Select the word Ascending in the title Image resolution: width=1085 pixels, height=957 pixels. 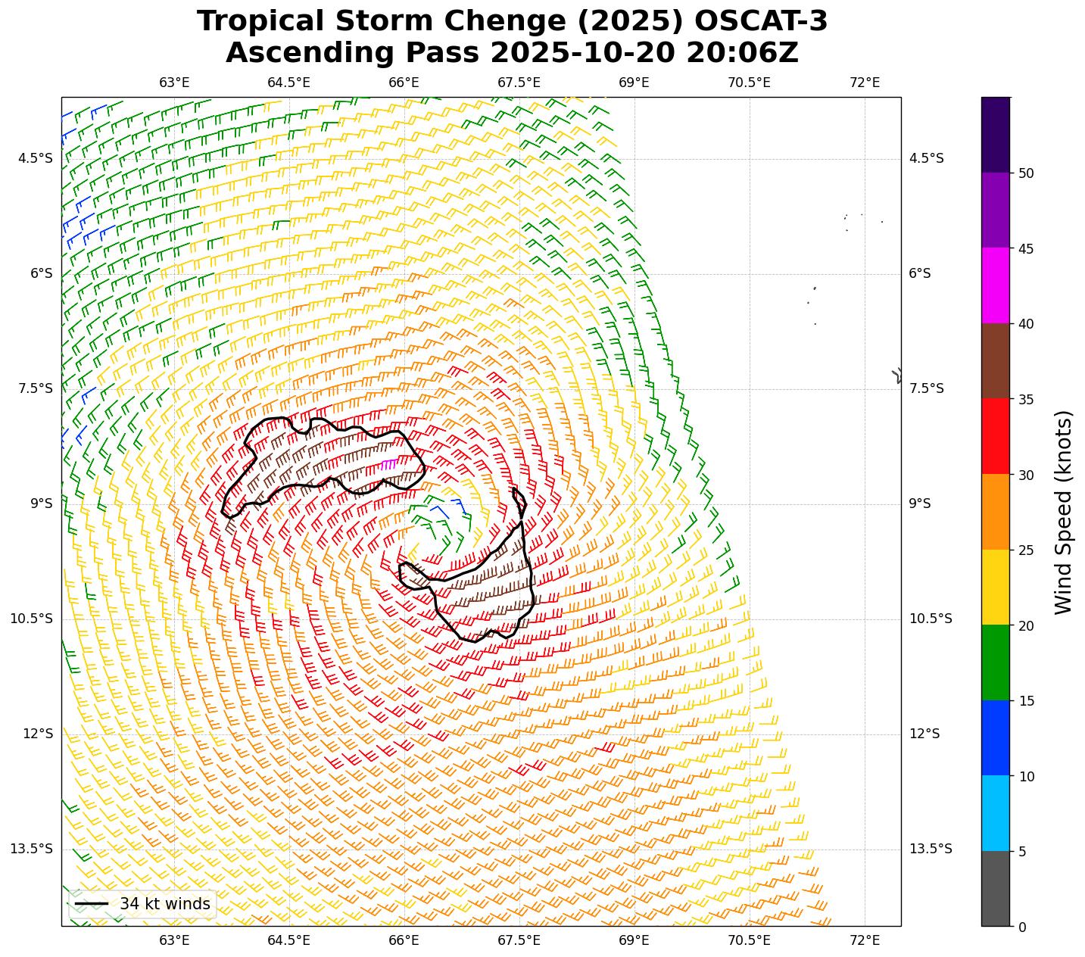click(x=293, y=54)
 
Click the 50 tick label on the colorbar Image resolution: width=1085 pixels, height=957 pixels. click(x=1026, y=173)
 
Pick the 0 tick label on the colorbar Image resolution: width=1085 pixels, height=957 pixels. click(x=1022, y=927)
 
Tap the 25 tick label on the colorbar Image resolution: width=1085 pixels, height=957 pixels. click(x=1026, y=550)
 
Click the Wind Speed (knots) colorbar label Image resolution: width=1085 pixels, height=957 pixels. click(x=1064, y=512)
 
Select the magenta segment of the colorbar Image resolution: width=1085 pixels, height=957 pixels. click(x=995, y=285)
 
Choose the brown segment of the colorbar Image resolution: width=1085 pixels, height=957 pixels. click(x=995, y=361)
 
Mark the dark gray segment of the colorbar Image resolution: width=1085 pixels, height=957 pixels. click(x=995, y=888)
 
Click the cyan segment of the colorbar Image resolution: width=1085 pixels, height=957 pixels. click(x=995, y=813)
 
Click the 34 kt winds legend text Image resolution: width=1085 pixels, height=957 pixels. click(x=164, y=904)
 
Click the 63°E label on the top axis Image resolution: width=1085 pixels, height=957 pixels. click(x=174, y=83)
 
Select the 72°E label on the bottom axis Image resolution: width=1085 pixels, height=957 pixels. click(x=865, y=940)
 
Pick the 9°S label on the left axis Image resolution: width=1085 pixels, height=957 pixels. click(x=41, y=504)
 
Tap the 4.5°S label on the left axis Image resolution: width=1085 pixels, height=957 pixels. click(x=36, y=159)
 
